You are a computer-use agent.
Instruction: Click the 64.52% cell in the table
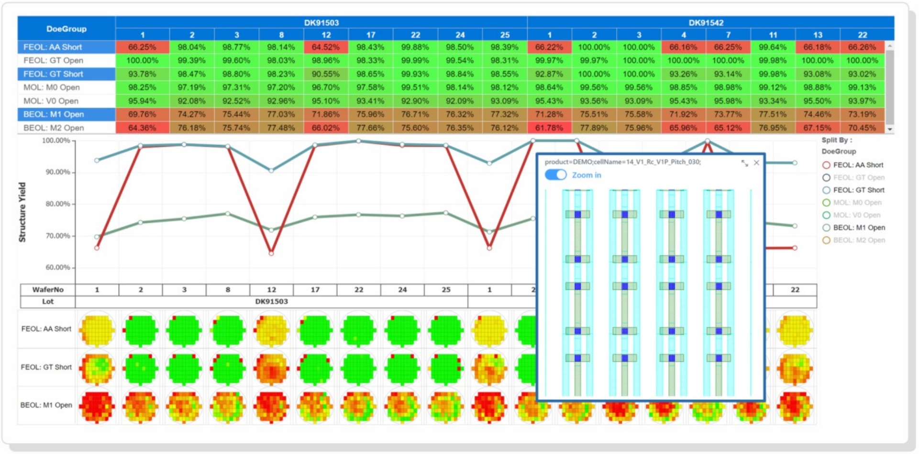tap(326, 47)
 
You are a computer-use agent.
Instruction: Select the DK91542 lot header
tap(706, 22)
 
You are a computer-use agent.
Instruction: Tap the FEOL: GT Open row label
tap(54, 60)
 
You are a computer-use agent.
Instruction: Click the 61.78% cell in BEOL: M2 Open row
tap(549, 128)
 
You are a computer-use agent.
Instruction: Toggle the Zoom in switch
tap(556, 175)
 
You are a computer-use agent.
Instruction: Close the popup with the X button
tap(756, 163)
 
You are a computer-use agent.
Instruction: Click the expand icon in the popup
tap(745, 163)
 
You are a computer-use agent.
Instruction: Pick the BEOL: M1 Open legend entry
tap(859, 228)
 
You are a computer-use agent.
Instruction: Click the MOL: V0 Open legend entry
tap(856, 215)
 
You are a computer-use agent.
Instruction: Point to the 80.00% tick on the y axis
tap(58, 204)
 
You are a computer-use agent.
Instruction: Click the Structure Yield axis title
tap(22, 212)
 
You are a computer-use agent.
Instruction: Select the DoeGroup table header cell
tap(66, 29)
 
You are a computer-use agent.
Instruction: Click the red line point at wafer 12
tap(271, 253)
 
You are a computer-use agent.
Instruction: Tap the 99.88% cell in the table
tap(415, 47)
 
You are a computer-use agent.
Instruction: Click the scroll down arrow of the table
tap(890, 129)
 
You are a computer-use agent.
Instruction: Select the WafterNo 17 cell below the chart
tap(315, 289)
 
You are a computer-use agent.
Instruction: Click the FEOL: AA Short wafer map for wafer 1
tap(97, 329)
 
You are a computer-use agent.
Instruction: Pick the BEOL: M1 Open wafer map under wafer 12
tap(271, 406)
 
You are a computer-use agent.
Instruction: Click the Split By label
tap(837, 140)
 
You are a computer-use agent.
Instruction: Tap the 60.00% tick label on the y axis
tap(58, 267)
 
